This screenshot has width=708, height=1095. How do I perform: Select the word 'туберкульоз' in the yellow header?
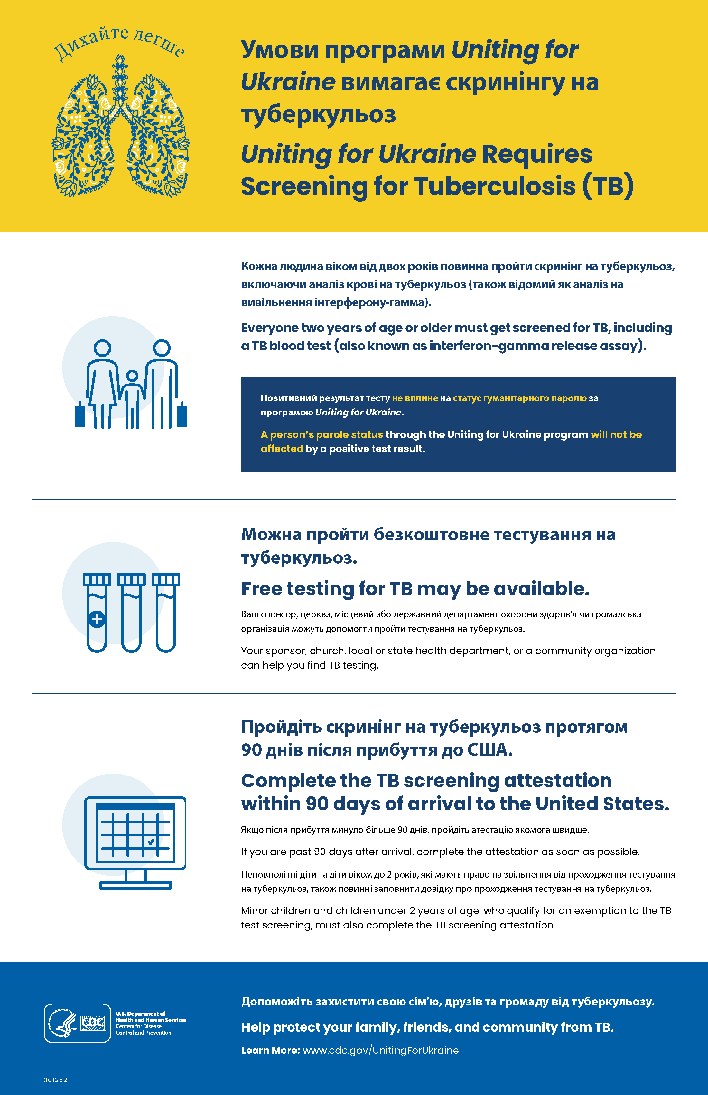pos(318,115)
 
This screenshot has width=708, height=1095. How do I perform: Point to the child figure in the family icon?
pos(132,396)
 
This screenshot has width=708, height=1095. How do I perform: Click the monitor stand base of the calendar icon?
pos(135,885)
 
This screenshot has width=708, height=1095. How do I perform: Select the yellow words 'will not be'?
pos(616,435)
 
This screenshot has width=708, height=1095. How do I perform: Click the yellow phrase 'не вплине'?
pos(415,398)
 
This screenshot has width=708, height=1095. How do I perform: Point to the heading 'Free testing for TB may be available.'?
pos(415,589)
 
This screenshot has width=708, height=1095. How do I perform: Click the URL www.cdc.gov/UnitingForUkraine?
pos(381,1050)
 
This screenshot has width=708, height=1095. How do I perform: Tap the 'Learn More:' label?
pos(270,1050)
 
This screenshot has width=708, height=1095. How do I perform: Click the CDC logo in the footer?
pos(93,1023)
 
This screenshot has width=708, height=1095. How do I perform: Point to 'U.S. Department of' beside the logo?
pos(140,1014)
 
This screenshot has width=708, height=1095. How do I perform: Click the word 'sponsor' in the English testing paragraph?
pos(285,651)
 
